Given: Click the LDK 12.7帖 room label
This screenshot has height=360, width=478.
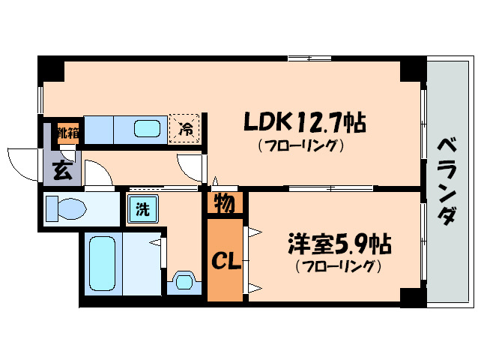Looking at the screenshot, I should click(x=303, y=121).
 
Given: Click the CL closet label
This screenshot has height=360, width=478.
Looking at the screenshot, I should click(x=223, y=262).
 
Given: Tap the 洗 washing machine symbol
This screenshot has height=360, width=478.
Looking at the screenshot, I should click(x=142, y=208).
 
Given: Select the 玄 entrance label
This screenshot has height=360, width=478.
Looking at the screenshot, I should click(x=63, y=170).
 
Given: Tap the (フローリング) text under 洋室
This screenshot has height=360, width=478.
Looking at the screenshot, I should click(x=339, y=266).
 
